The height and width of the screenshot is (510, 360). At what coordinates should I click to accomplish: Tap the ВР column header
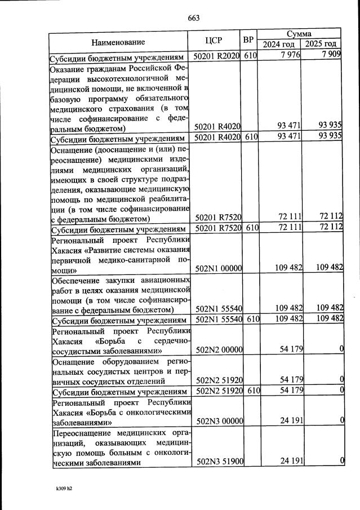coord(248,41)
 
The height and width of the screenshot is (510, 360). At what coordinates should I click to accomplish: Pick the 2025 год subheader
coord(321,45)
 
